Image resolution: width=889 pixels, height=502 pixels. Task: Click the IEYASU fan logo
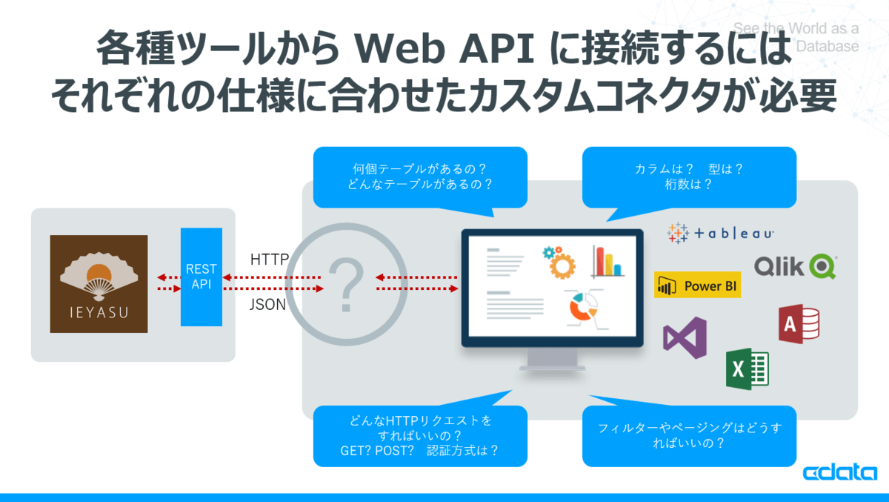[x=99, y=283]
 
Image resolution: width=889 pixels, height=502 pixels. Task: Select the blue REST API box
[x=202, y=277]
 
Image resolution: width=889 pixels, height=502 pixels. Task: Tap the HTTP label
[x=270, y=260]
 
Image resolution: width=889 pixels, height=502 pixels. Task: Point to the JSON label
[x=267, y=304]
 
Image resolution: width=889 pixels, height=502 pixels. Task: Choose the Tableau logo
[x=721, y=233]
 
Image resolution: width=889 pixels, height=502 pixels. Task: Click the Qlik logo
[x=795, y=265]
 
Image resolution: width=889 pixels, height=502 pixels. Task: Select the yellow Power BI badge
[x=698, y=285]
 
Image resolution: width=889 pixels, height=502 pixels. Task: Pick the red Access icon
[x=799, y=323]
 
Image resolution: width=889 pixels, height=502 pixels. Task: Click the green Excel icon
[x=747, y=368]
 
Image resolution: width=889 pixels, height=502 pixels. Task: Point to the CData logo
[x=839, y=473]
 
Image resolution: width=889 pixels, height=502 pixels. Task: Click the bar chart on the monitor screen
[x=607, y=260]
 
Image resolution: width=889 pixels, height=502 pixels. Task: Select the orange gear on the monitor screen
[x=561, y=262]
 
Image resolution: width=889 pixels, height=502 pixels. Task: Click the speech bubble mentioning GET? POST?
[x=420, y=435]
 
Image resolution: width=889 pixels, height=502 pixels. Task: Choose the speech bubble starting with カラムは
[x=689, y=176]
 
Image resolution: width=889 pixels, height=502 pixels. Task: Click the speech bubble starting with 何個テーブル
[x=420, y=176]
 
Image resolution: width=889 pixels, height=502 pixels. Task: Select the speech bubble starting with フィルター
[x=689, y=435]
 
